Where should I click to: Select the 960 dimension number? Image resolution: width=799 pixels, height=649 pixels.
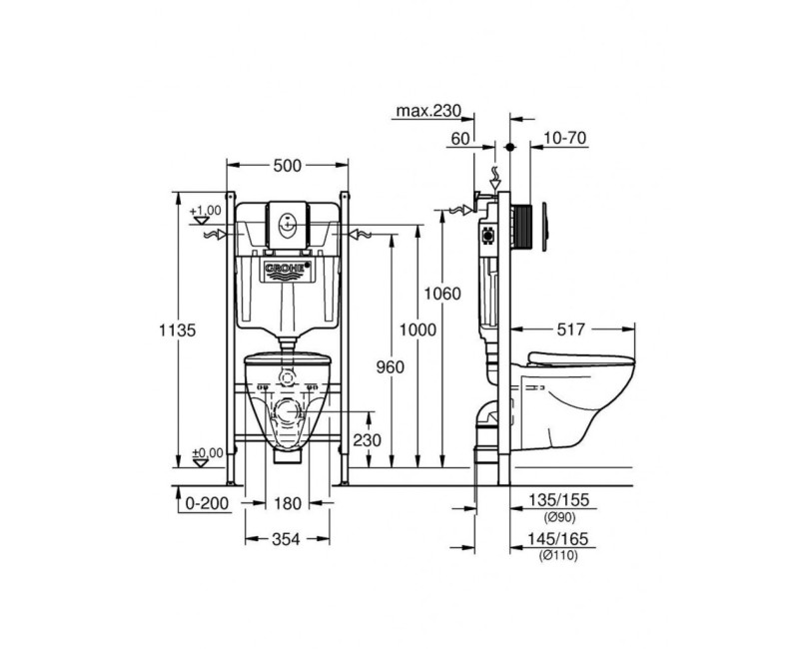click(391, 366)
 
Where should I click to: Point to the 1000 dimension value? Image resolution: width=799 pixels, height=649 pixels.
click(418, 329)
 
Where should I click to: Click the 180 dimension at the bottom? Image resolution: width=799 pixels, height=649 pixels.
click(288, 505)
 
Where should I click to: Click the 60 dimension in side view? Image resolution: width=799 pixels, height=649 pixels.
click(460, 139)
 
